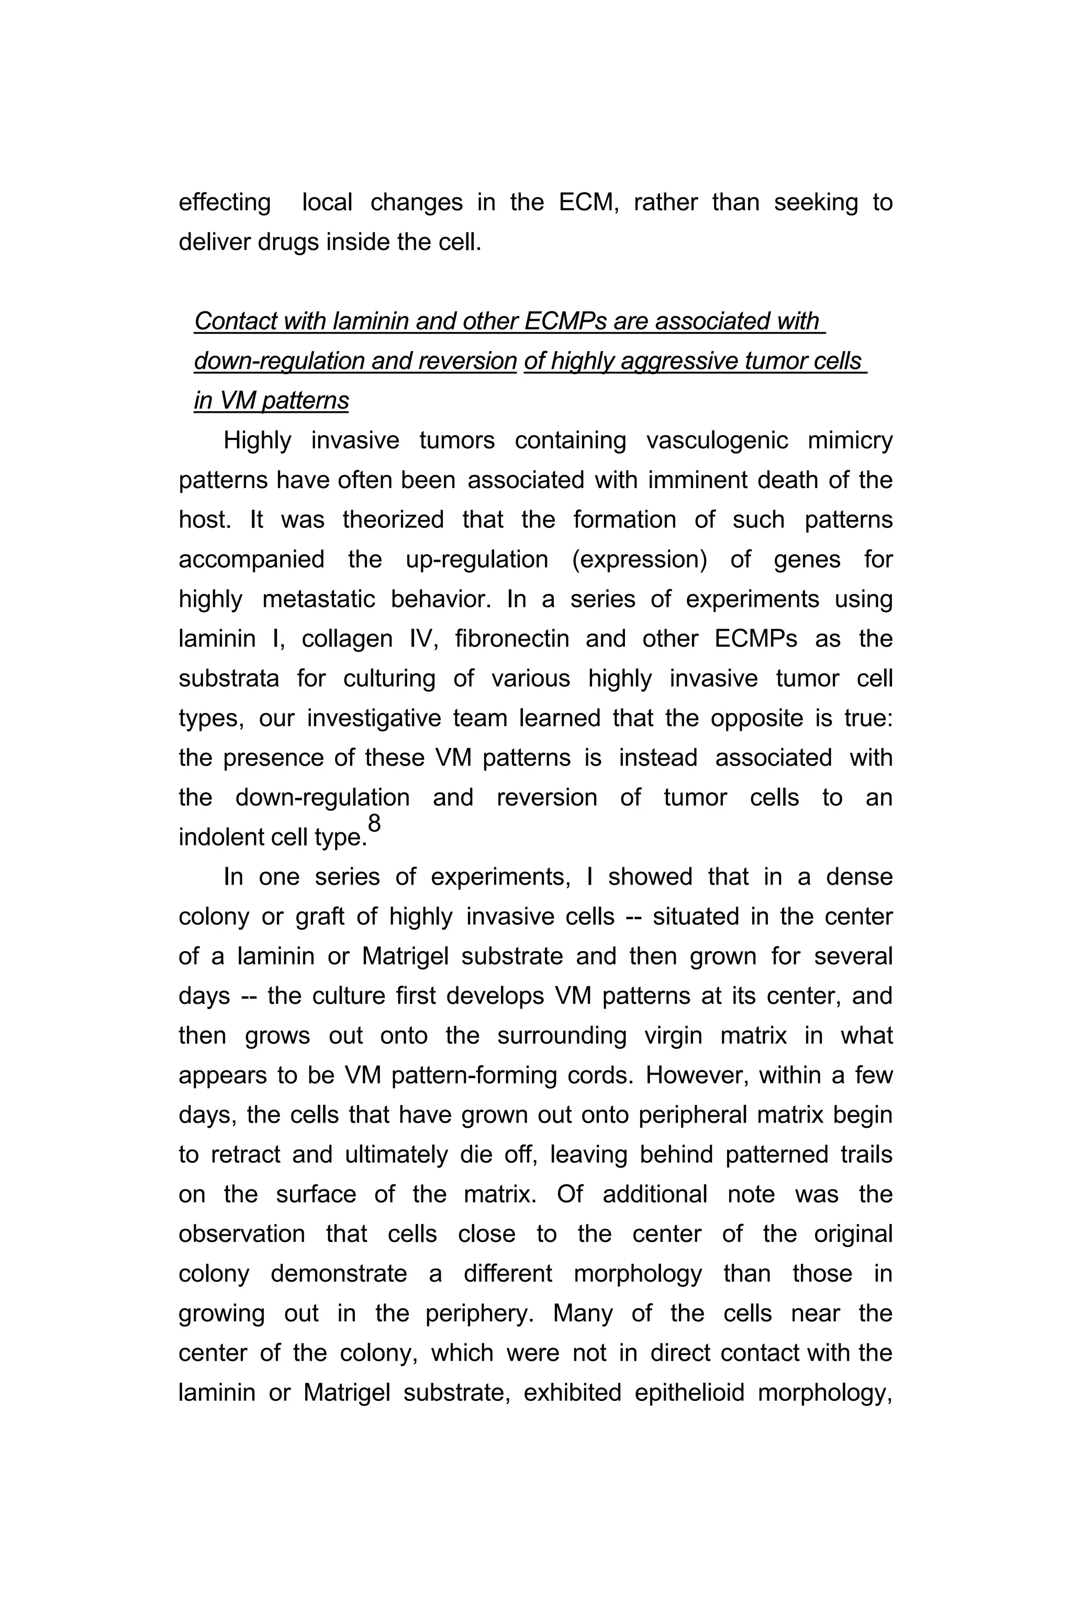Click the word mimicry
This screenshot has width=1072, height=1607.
[850, 440]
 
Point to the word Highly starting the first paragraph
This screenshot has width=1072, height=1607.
[257, 440]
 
